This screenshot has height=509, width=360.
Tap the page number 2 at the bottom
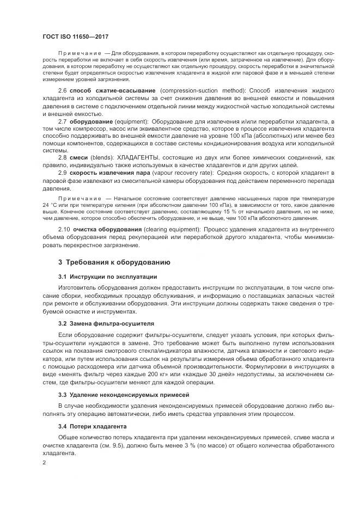tap(44, 463)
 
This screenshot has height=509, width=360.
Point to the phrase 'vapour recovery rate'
tap(184, 173)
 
